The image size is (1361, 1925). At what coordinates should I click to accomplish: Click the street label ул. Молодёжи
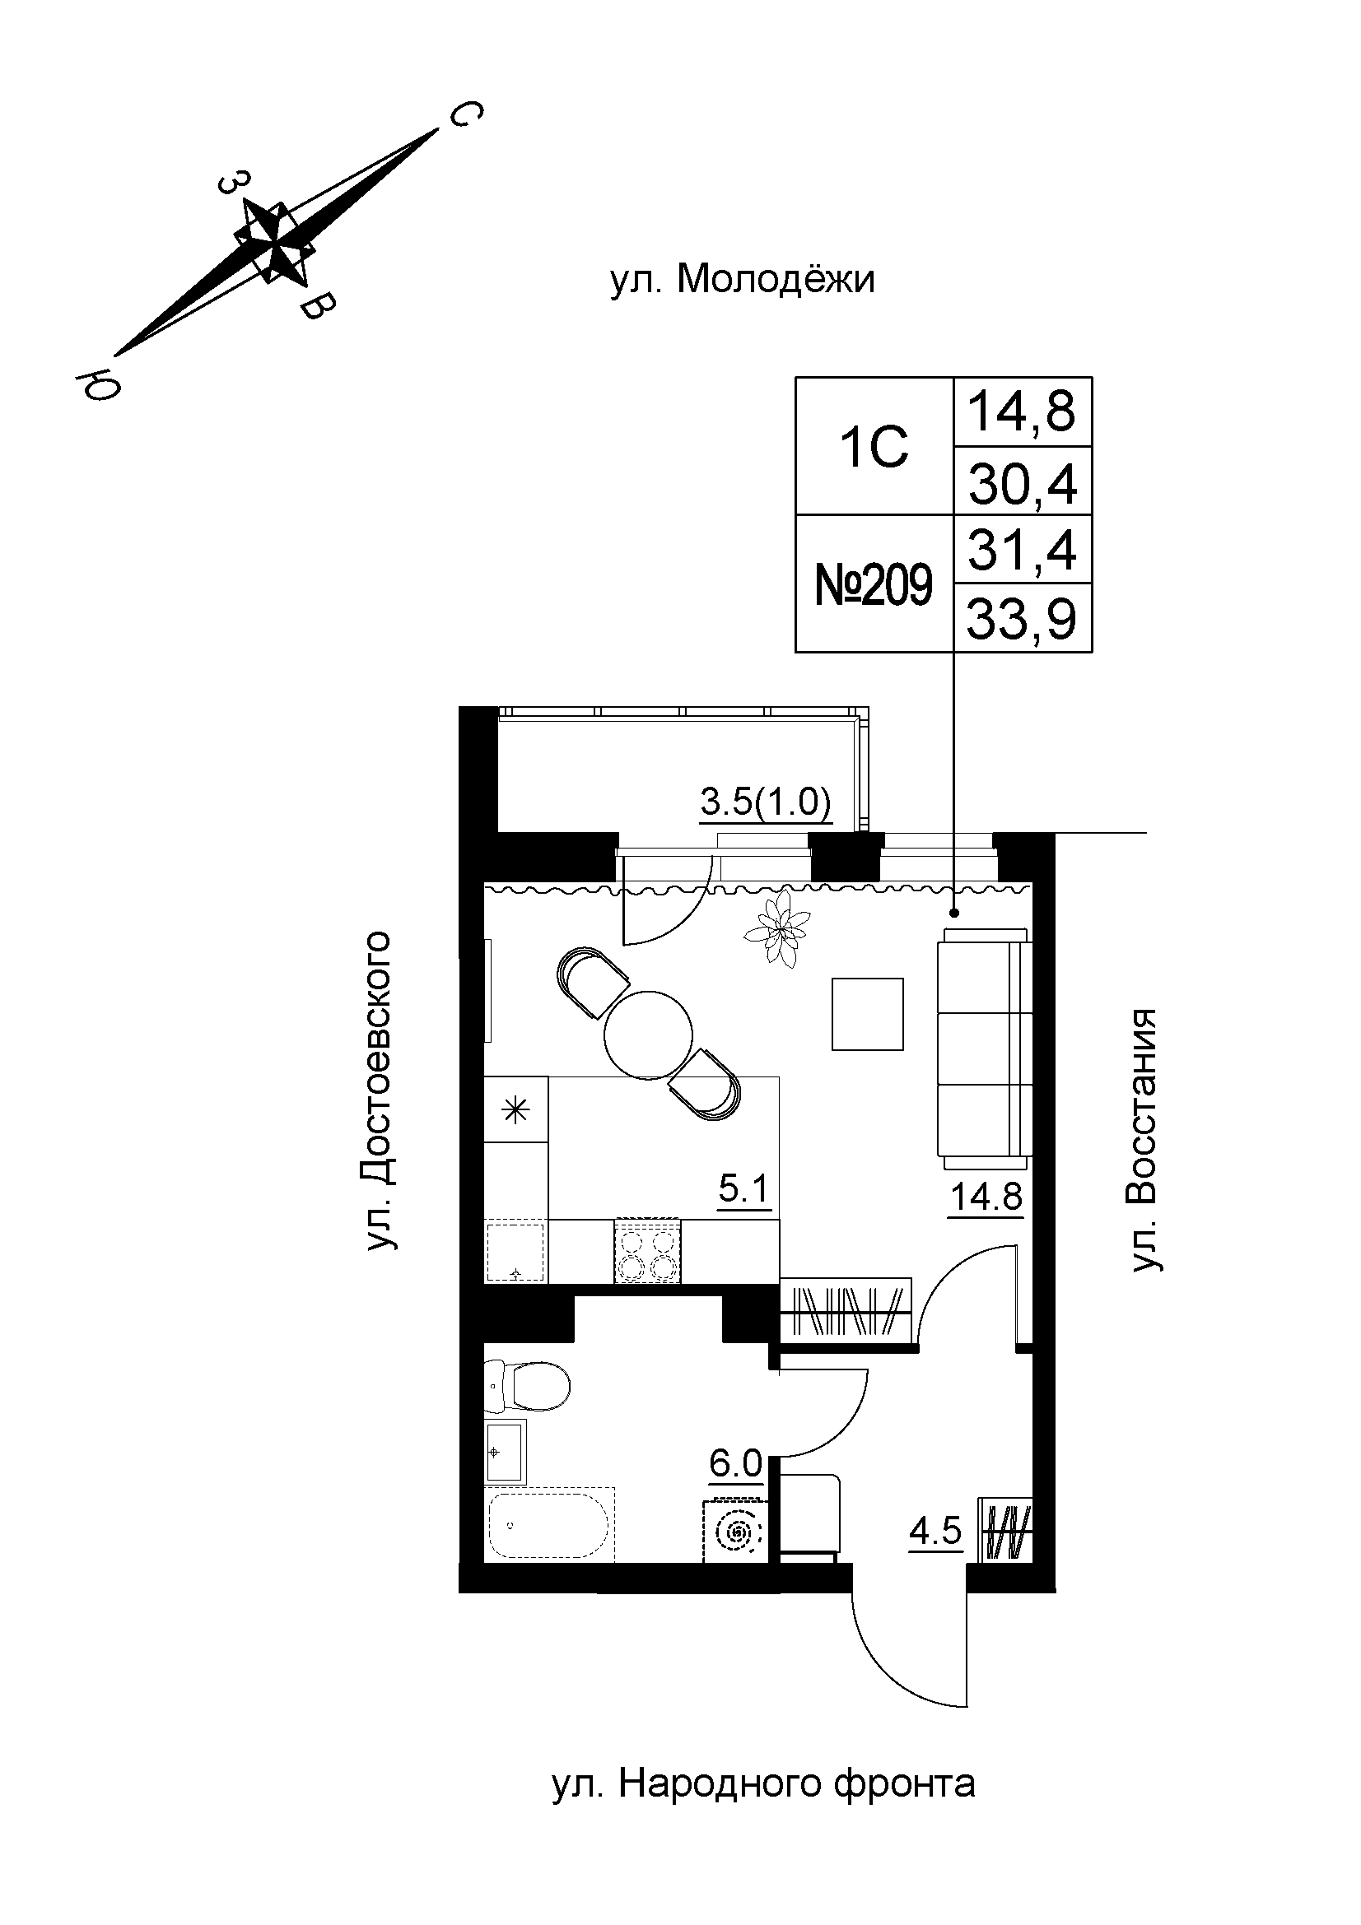[x=741, y=280]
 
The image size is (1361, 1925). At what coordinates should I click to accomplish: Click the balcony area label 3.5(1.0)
[x=765, y=802]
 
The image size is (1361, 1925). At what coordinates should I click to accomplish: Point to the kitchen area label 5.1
[x=743, y=1187]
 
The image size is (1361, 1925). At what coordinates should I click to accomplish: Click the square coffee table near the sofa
[x=868, y=1015]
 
